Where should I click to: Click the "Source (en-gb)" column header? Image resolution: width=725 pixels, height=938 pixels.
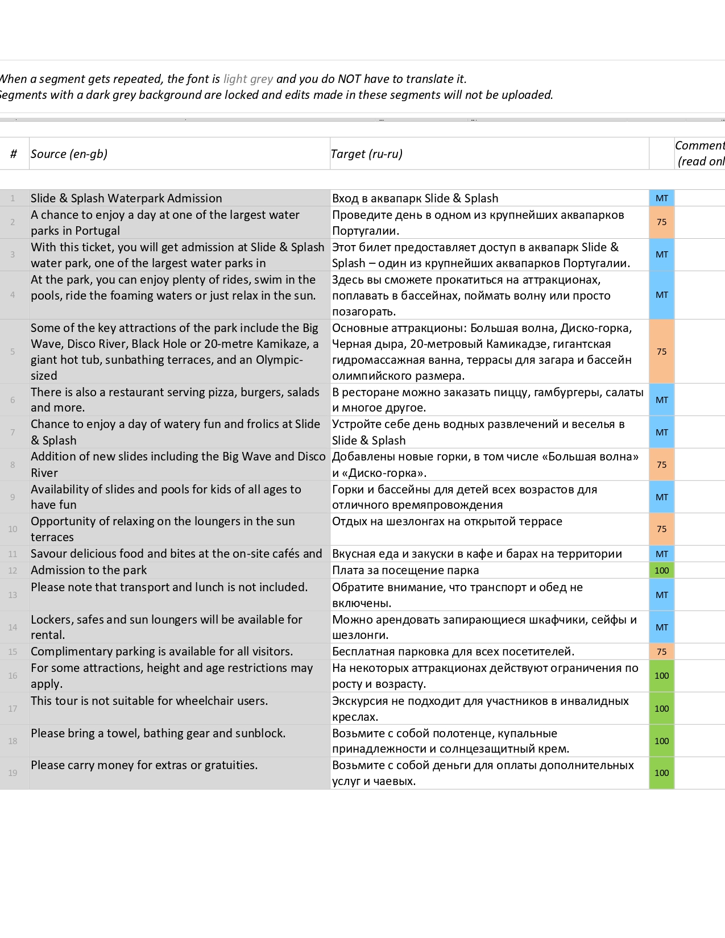69,153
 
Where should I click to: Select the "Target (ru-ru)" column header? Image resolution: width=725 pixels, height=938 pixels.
367,153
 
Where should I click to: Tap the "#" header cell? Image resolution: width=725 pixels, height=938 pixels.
14,153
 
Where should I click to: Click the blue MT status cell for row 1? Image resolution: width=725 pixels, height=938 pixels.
661,198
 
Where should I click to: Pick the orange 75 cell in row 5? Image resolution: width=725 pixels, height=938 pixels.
661,351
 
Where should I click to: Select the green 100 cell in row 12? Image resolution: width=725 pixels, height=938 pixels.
661,570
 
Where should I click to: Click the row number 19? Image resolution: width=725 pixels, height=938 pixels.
13,773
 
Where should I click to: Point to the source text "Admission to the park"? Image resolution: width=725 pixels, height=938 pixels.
89,570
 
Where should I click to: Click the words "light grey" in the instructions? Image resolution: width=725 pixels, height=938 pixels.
248,79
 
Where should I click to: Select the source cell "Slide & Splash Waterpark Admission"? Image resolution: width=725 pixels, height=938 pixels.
126,198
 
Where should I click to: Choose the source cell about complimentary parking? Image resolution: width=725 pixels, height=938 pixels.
162,651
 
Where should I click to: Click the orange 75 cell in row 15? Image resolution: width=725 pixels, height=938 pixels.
661,651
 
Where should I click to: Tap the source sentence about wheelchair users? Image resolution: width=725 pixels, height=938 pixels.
149,701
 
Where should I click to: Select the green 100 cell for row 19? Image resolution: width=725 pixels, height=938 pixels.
661,773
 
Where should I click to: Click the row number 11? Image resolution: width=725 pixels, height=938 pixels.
13,554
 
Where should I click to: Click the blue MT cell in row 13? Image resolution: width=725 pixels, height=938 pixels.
661,595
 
